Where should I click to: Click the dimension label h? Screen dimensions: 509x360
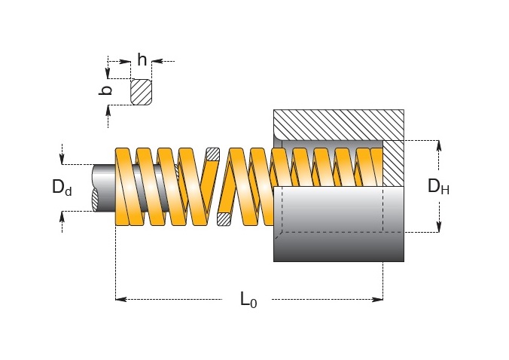(142, 59)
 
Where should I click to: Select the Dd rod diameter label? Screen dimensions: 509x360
(62, 188)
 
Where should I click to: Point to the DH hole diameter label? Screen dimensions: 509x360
(438, 186)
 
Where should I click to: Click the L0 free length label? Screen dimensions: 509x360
(248, 299)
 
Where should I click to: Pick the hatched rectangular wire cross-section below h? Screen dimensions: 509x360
(142, 92)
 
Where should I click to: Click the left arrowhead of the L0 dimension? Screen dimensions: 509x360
(121, 299)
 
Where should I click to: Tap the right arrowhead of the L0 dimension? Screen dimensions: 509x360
(377, 299)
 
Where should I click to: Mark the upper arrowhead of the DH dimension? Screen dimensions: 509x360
(439, 146)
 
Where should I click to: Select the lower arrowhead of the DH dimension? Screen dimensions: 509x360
(439, 227)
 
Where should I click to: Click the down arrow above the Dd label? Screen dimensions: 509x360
(62, 159)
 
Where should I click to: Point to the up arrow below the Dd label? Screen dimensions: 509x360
(62, 216)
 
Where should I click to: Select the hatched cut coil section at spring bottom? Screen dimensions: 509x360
(224, 219)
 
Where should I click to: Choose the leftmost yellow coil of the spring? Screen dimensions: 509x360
(123, 187)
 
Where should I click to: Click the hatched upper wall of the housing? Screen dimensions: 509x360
(339, 125)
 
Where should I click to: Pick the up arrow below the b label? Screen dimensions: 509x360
(108, 111)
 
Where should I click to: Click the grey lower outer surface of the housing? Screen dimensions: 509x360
(339, 247)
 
